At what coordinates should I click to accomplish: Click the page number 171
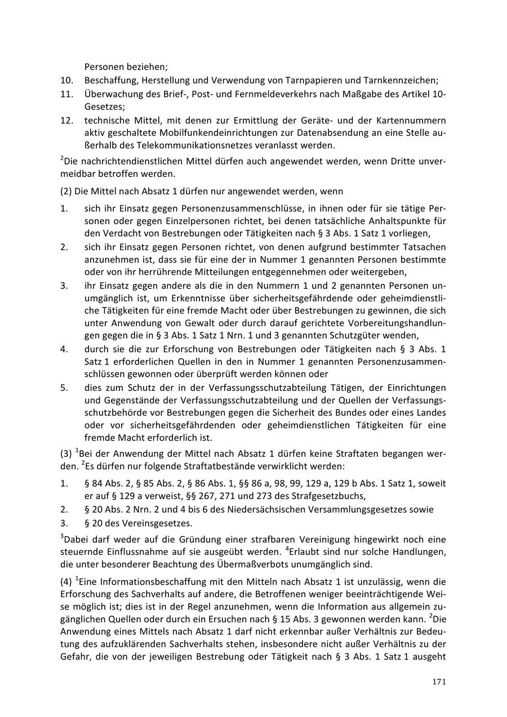439,682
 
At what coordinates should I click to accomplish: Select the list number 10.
67,81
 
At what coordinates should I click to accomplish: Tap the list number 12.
67,121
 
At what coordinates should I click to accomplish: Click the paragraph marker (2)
66,192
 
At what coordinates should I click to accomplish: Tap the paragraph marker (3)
66,454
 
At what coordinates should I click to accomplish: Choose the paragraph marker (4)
66,582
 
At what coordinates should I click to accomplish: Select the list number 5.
64,388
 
